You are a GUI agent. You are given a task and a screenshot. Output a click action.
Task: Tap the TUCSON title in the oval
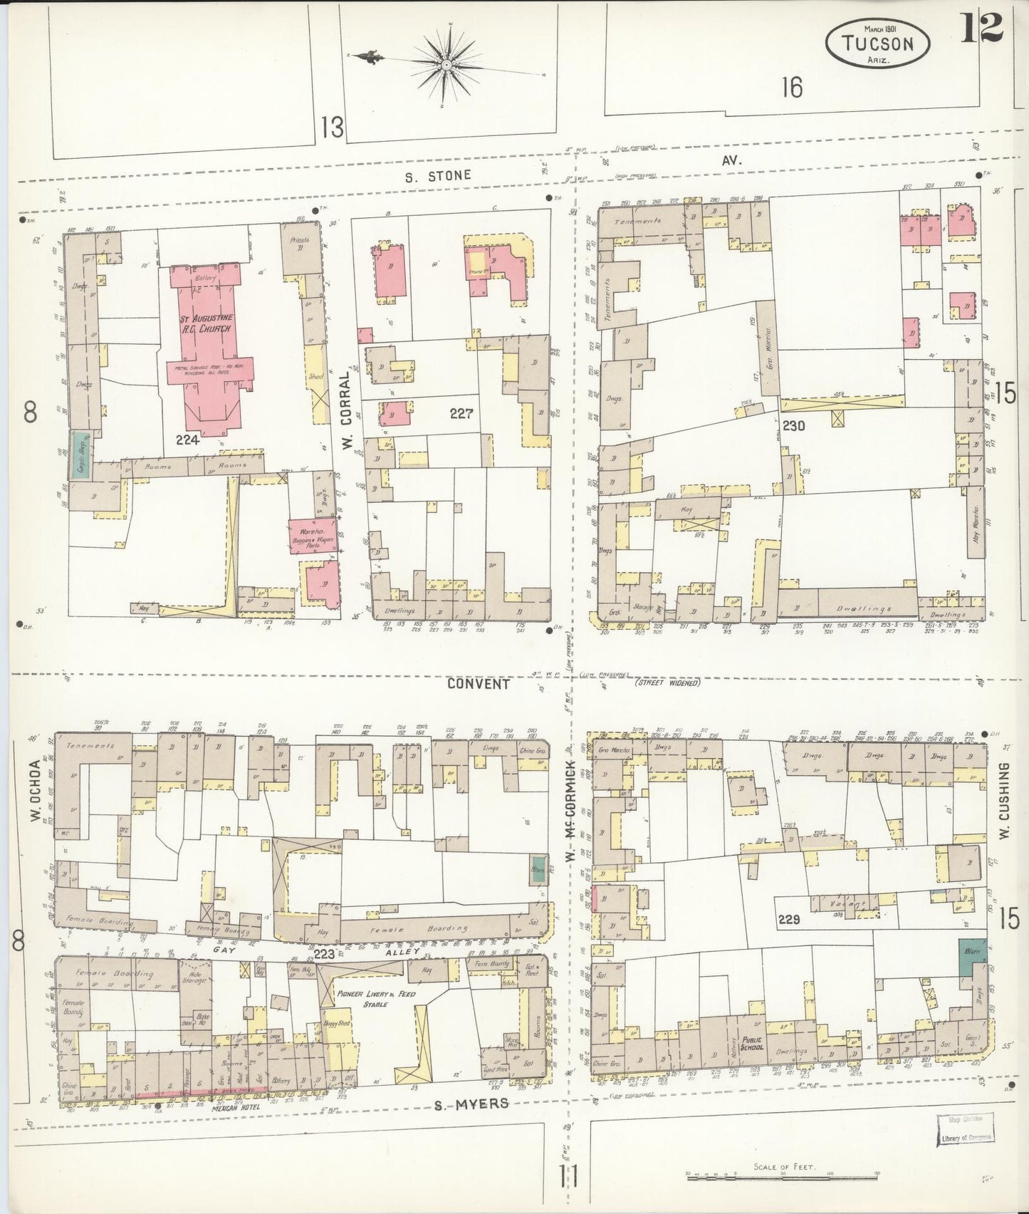coord(877,43)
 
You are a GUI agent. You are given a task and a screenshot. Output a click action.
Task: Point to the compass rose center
coord(446,65)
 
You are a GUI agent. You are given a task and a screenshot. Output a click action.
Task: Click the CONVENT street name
coord(479,683)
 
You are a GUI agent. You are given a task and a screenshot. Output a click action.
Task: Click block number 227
coord(461,413)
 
